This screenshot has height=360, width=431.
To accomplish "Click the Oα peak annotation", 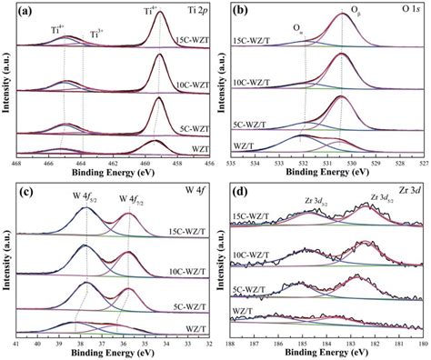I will (x=298, y=27).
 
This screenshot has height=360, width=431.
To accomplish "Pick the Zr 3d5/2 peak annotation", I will (x=359, y=196).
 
